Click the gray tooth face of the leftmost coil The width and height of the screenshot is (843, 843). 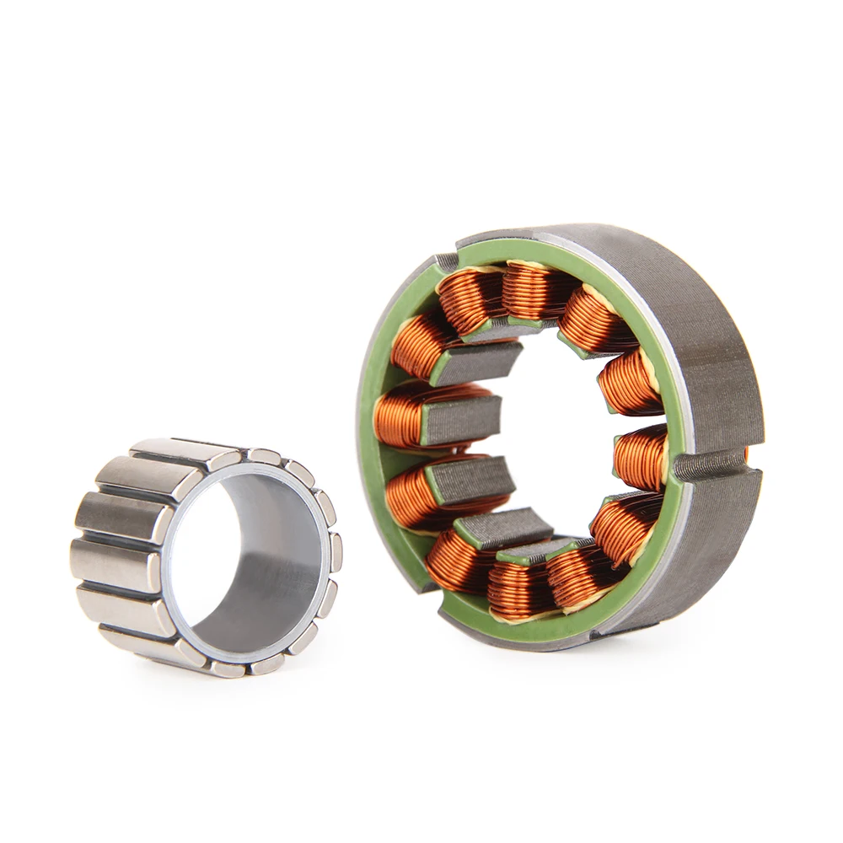pos(459,419)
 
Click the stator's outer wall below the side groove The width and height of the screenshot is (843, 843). pos(717,540)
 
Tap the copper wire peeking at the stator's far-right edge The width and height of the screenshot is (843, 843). pos(747,456)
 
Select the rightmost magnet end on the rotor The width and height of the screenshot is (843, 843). pos(336,552)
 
